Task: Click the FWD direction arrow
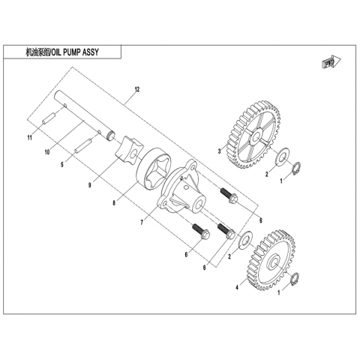click(331, 61)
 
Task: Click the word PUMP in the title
click(74, 52)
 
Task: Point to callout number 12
click(136, 89)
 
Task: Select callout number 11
click(30, 138)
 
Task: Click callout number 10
click(47, 151)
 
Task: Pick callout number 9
click(89, 185)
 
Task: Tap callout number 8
click(114, 202)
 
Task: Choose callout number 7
click(142, 222)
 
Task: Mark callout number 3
click(219, 151)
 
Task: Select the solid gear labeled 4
click(271, 260)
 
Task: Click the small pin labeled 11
click(49, 118)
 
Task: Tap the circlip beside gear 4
click(295, 278)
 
